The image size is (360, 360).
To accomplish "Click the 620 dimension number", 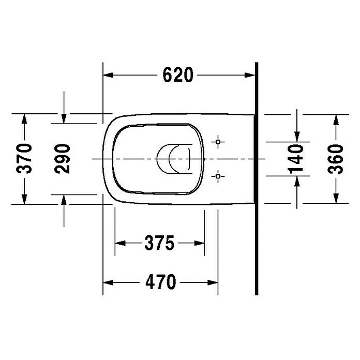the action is point(178,75).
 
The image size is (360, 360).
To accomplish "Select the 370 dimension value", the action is point(24,159).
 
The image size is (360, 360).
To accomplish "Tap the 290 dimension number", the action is point(62,159).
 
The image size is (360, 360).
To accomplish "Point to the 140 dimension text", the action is point(295,159).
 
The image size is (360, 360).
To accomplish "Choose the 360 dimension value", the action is point(336,159).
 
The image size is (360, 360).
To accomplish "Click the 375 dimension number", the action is point(159,243).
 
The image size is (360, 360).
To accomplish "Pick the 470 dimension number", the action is point(161,282).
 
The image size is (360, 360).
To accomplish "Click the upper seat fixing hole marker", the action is point(218,142).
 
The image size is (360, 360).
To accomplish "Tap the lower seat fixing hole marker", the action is point(218,176).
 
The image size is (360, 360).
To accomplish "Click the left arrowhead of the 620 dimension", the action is point(108,75).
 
